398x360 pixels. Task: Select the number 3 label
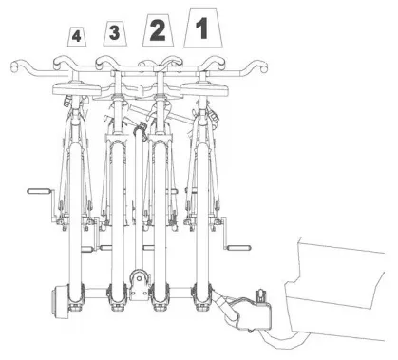click(x=115, y=34)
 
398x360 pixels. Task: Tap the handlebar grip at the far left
click(x=17, y=66)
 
